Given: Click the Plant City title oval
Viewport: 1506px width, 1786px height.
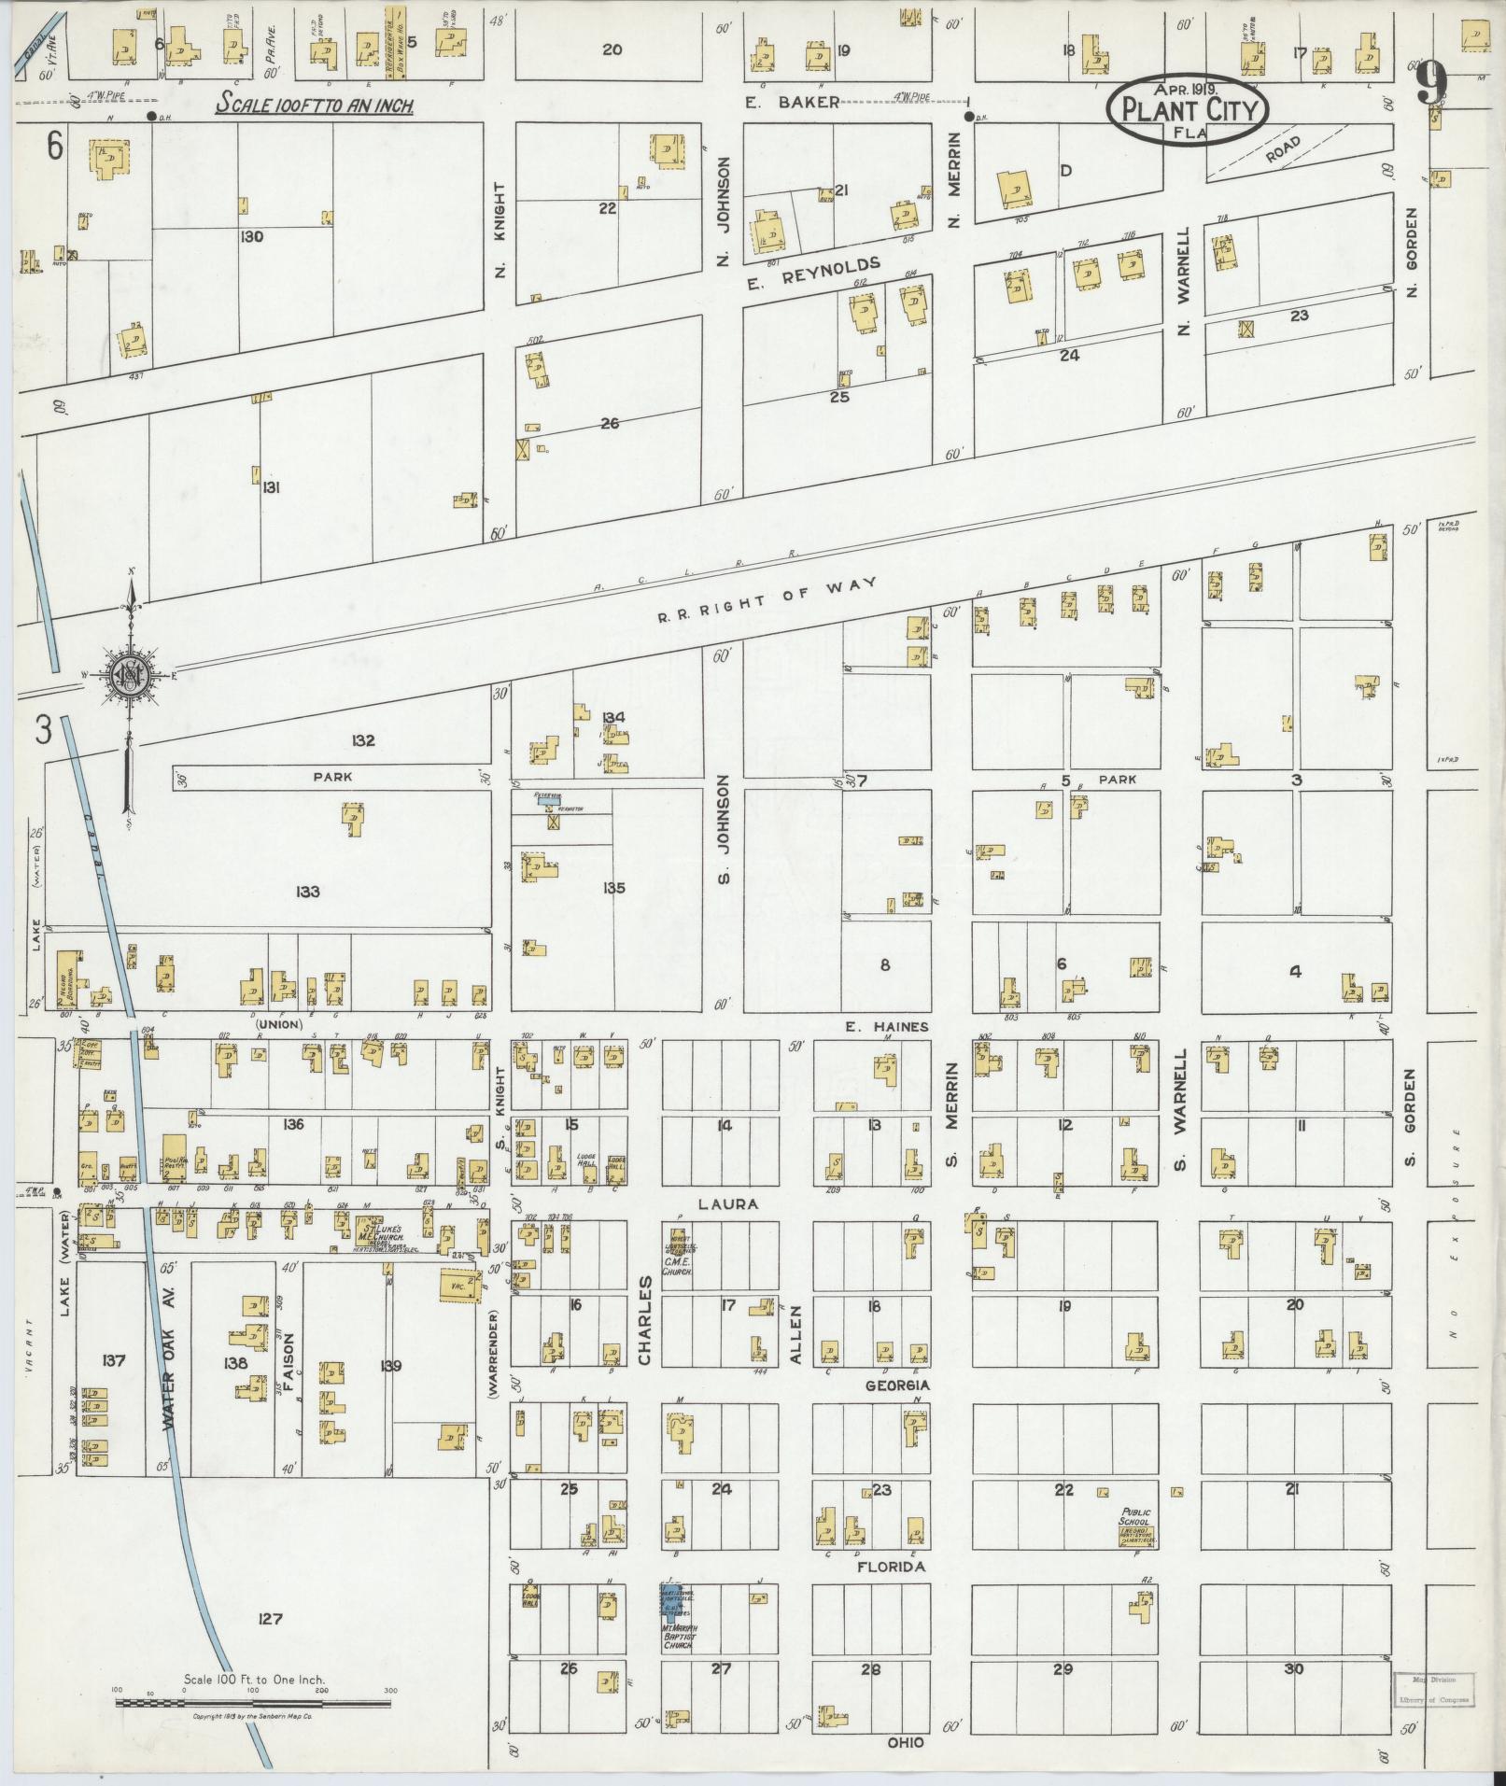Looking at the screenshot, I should (1187, 110).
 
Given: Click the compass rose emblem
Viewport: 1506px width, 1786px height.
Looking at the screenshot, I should (128, 674).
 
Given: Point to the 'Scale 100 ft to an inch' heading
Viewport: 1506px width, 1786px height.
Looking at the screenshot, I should (315, 105).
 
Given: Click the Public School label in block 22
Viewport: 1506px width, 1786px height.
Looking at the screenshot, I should (1136, 1518).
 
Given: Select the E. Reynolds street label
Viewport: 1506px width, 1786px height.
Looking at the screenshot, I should (814, 275).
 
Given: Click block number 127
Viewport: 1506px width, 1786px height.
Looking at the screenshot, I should (270, 1620).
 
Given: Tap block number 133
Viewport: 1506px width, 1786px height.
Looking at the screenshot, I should (307, 892).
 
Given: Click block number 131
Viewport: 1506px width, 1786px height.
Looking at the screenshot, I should (272, 486).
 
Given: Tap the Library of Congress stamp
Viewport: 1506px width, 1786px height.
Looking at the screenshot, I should (1432, 1688).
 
